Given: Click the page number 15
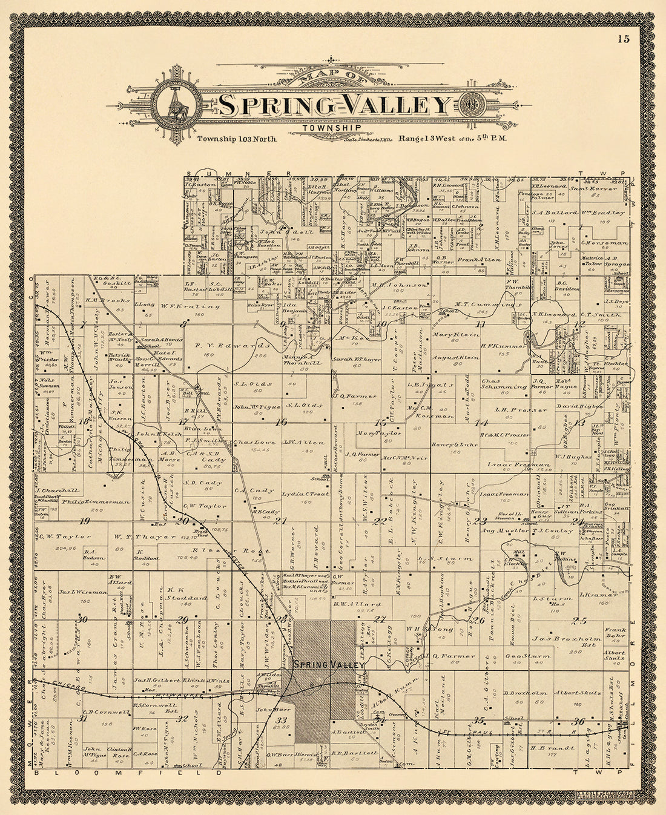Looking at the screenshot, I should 624,40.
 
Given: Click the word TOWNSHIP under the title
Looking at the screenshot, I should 333,128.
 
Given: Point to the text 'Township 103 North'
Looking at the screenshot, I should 237,139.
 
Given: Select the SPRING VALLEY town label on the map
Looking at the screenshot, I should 329,665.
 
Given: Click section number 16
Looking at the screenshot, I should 280,423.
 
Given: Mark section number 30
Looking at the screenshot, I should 82,619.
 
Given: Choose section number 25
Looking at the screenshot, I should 579,619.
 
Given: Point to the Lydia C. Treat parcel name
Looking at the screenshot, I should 305,495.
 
